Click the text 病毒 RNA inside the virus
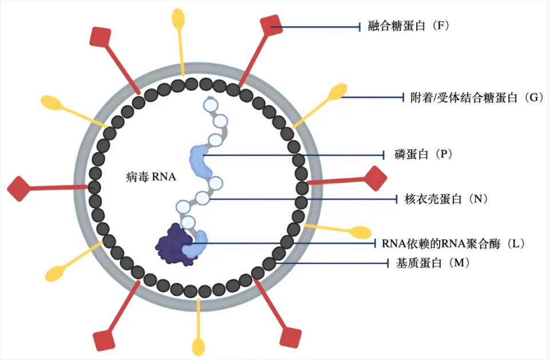pyautogui.click(x=150, y=177)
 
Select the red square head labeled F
pyautogui.click(x=271, y=26)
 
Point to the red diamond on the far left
pyautogui.click(x=18, y=188)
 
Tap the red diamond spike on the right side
pyautogui.click(x=376, y=178)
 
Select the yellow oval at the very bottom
pyautogui.click(x=198, y=346)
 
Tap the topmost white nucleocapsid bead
pyautogui.click(x=211, y=105)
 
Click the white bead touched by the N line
pyautogui.click(x=202, y=199)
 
